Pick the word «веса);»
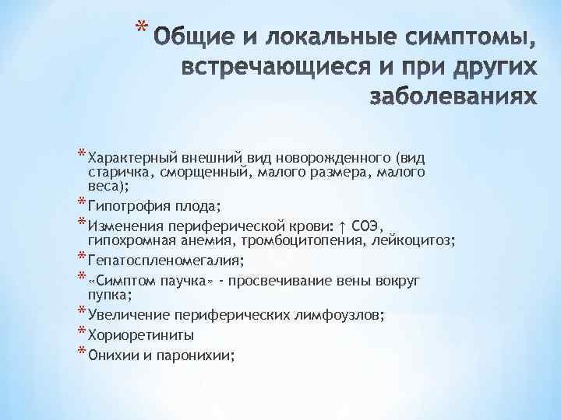tap(109, 187)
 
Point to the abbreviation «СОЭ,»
tap(366, 226)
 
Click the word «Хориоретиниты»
tap(141, 335)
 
